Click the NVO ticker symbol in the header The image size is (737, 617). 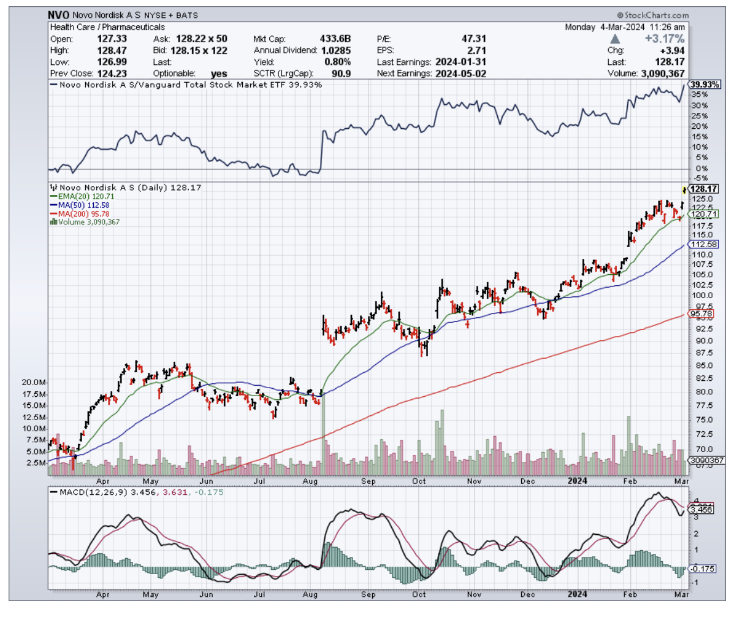(60, 15)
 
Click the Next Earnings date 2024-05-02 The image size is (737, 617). (455, 74)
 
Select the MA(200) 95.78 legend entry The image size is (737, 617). (83, 213)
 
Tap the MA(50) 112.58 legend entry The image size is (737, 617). (82, 205)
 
